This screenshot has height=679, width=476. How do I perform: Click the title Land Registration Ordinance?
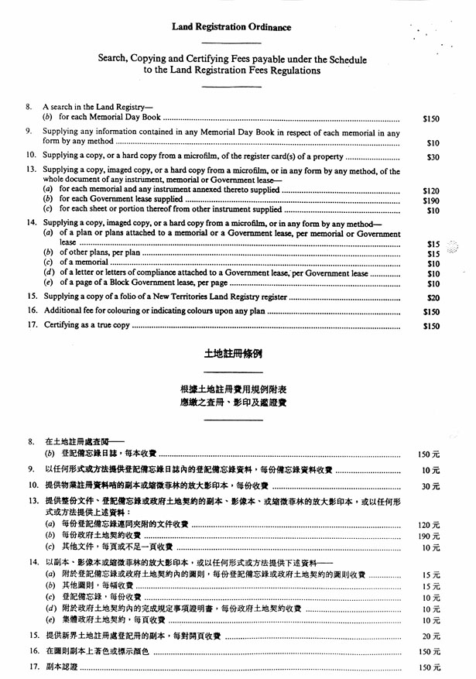pos(231,27)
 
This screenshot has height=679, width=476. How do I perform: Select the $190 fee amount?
pos(431,200)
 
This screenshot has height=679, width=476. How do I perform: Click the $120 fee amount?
pos(431,190)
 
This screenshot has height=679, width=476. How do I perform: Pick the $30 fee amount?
pos(433,157)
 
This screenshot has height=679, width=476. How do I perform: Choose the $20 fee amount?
pos(433,297)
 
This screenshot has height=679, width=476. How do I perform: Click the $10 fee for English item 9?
pos(433,143)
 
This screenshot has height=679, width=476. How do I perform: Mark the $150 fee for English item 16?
pos(431,312)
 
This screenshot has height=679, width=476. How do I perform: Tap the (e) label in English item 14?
pos(48,283)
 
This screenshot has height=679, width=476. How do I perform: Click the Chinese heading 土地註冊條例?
pos(232,354)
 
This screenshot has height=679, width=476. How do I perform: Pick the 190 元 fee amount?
pos(429,536)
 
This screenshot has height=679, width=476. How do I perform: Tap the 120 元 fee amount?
pos(429,525)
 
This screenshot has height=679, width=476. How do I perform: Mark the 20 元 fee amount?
pos(430,636)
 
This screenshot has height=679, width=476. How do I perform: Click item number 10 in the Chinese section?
pos(32,485)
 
